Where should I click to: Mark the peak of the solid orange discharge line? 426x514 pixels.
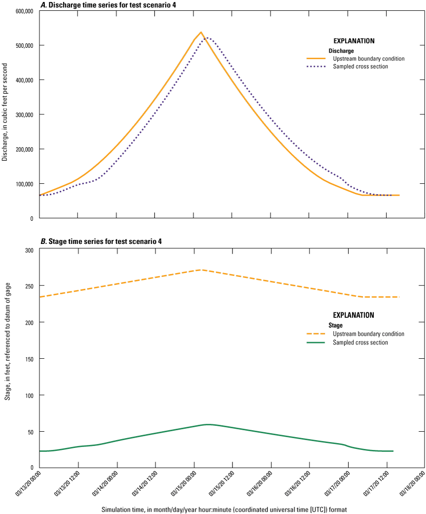pos(201,32)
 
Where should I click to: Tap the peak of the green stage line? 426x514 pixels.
pos(208,424)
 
